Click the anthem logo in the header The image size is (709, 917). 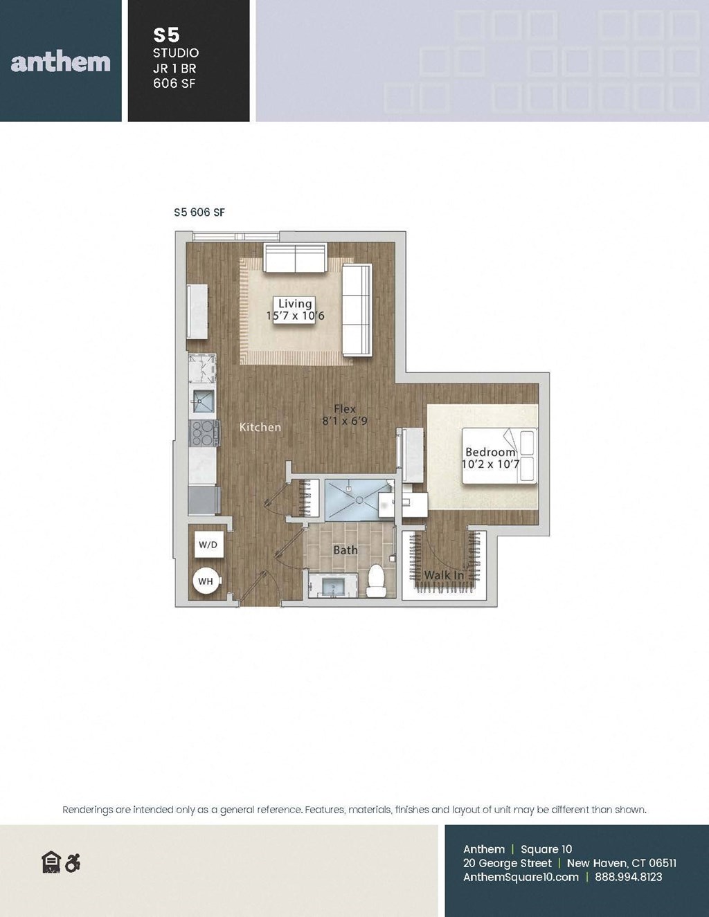pos(60,62)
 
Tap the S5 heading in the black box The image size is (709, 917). pos(167,35)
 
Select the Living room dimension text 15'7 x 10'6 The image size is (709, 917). pos(295,316)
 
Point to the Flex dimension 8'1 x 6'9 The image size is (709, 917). pos(345,421)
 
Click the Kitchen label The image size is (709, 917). pos(260,427)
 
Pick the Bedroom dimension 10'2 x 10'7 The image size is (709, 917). pos(490,464)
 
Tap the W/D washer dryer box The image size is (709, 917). pos(208,545)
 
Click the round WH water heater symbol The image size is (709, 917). pos(206,581)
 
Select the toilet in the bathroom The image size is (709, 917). pos(376,581)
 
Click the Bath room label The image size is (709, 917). pos(345,550)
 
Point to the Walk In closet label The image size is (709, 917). pos(444,574)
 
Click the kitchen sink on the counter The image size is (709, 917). pos(204,401)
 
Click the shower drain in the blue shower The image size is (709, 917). pos(359,500)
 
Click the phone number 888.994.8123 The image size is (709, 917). pos(629,876)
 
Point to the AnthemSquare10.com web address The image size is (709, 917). pos(521,877)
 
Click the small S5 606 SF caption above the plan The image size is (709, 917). pos(199,212)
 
